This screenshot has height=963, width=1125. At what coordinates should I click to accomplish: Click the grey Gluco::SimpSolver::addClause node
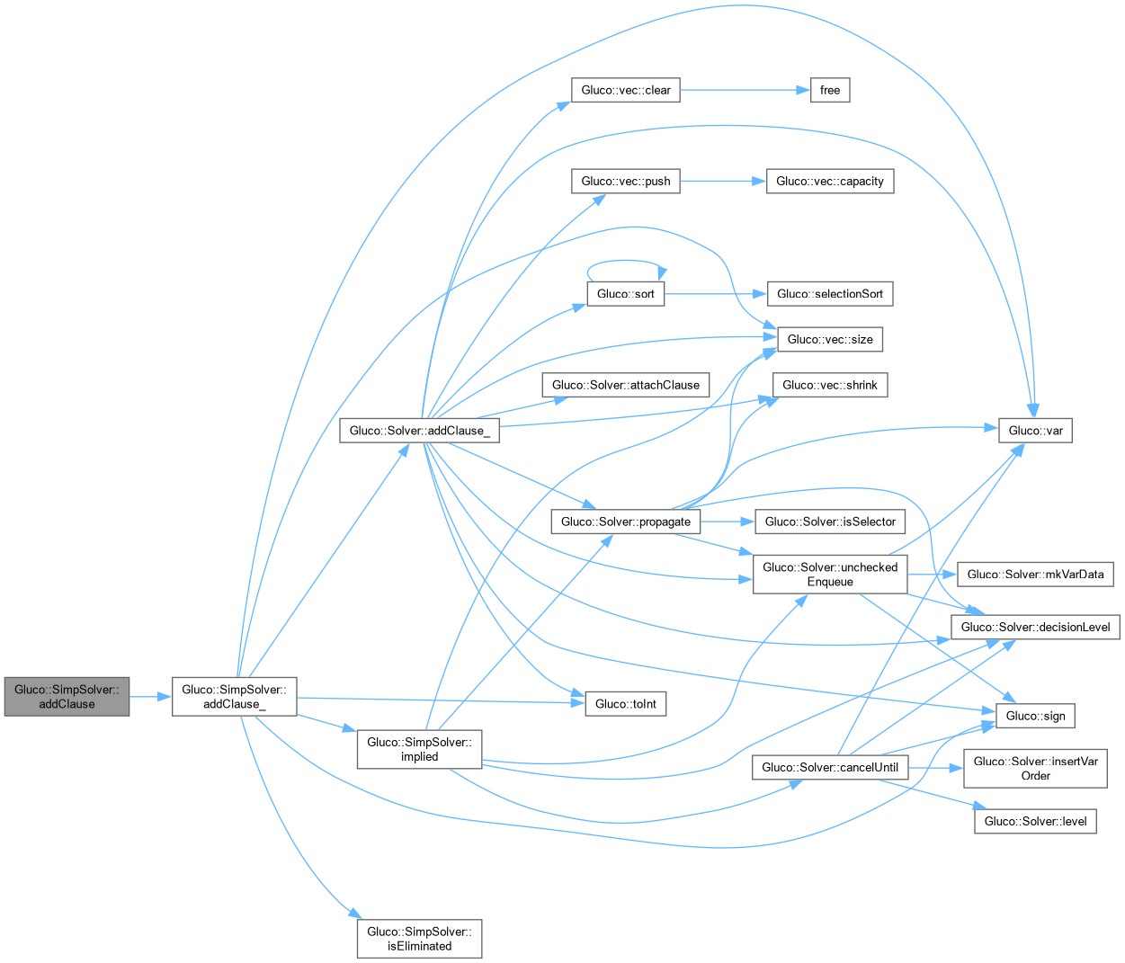point(67,697)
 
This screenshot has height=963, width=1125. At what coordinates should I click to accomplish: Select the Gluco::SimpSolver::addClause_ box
point(234,697)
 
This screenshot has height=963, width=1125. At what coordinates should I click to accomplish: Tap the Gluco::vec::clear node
point(626,90)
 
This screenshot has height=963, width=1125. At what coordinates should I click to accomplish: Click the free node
point(830,90)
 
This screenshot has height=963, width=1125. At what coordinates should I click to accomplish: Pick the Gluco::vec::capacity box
point(829,181)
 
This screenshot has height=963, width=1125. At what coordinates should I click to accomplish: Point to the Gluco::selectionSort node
point(829,294)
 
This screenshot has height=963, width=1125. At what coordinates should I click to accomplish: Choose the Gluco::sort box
point(626,294)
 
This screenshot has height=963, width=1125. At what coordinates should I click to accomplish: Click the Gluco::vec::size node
point(829,339)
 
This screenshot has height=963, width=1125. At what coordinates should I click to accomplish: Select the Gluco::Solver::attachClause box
point(626,385)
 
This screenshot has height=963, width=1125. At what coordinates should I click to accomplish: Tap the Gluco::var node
point(1035,431)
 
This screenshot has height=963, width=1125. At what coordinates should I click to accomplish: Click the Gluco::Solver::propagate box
point(626,522)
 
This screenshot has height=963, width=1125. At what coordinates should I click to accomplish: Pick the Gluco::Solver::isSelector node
point(829,522)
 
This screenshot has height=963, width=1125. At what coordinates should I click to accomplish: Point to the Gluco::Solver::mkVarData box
point(1035,575)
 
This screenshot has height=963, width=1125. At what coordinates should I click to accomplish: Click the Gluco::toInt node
point(626,704)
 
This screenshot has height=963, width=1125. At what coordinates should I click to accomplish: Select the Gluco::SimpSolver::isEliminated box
point(419,939)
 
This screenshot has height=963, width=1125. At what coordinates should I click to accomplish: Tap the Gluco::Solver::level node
point(1035,821)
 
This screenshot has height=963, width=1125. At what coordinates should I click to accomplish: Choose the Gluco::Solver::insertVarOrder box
point(1035,768)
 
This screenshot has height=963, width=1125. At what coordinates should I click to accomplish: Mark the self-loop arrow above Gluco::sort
point(625,262)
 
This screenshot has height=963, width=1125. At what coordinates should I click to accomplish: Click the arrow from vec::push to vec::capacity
point(722,181)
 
